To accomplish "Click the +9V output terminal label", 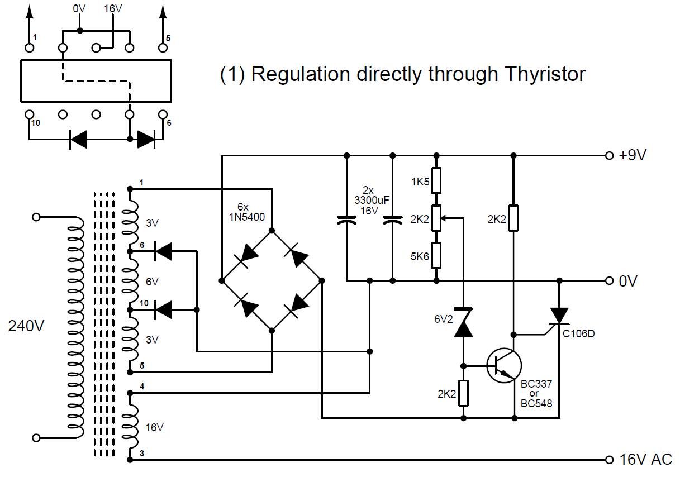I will (633, 155).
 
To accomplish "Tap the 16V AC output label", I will (645, 460).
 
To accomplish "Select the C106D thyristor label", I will (579, 334).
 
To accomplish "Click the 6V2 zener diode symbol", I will (463, 322).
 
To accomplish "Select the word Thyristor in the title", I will (531, 74).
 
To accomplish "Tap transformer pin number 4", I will (142, 386).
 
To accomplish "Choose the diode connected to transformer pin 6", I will (163, 252).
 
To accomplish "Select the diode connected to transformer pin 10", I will (163, 309).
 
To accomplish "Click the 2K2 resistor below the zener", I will (463, 393).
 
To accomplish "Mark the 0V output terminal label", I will (628, 280).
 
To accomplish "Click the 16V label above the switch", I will (113, 9).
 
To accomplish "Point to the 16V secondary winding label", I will (154, 427).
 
